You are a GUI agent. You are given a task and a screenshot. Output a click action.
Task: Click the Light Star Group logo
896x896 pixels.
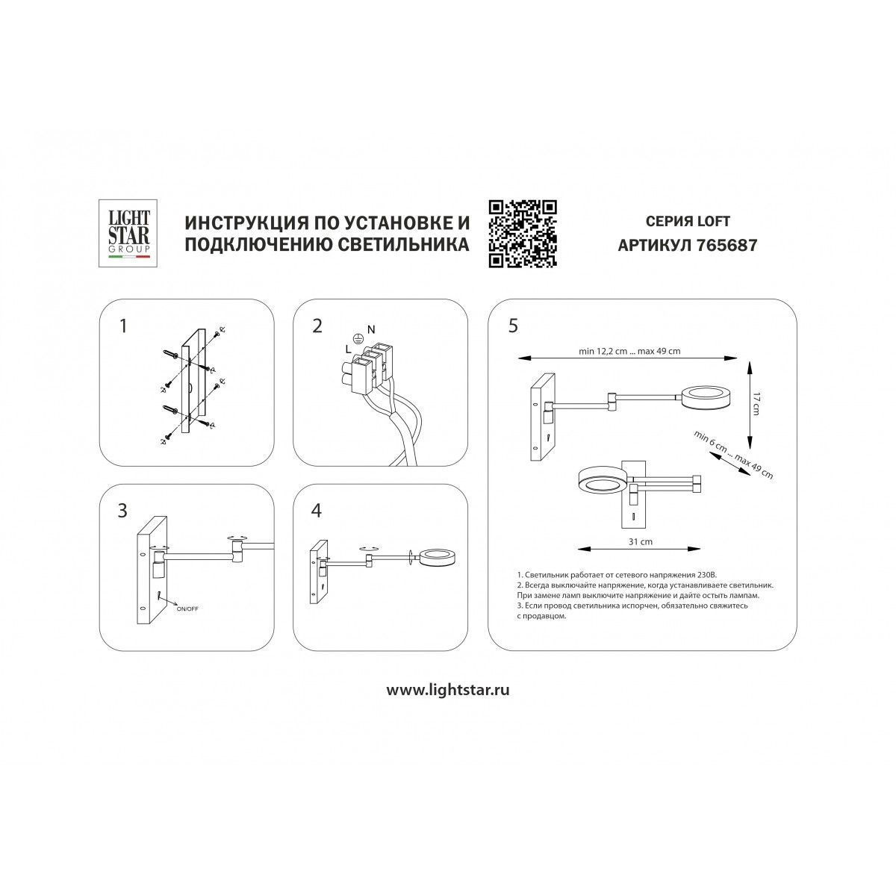128,233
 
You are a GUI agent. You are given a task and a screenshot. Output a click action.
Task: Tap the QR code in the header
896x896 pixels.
522,234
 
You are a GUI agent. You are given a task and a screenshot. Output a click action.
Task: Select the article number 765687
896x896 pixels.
727,245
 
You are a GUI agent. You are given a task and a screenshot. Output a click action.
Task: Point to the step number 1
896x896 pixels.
123,326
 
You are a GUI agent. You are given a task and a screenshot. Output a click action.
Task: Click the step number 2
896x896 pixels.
317,326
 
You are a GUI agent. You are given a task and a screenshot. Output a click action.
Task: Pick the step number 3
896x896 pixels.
122,511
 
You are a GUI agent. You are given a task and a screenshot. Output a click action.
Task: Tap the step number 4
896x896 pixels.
317,511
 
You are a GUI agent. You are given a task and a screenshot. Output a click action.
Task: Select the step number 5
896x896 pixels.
513,326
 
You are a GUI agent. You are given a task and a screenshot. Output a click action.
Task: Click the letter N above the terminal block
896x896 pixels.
371,330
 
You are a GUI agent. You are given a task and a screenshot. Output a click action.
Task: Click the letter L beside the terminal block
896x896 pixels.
348,349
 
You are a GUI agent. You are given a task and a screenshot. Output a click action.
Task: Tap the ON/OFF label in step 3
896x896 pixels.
187,609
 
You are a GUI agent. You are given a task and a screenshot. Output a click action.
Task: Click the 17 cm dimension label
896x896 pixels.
756,404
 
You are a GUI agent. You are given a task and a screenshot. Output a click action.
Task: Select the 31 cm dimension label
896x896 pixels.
640,541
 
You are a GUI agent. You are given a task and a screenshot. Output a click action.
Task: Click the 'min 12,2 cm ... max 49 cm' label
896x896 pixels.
629,352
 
